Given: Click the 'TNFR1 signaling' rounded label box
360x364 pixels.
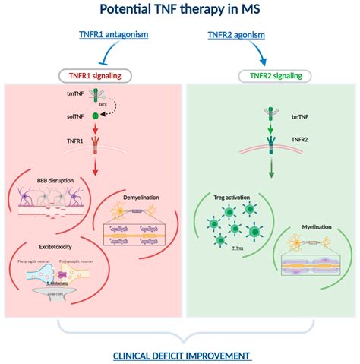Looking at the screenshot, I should (96, 75).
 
